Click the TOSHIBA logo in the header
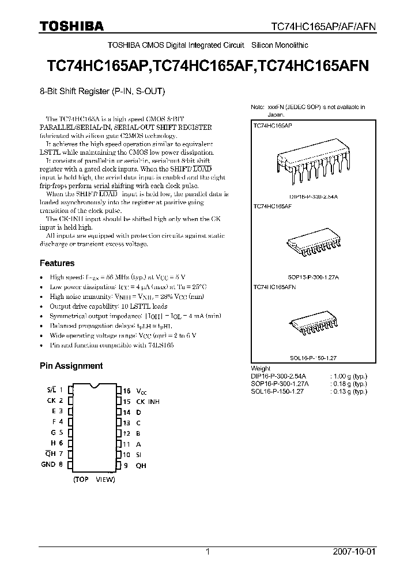click(x=71, y=26)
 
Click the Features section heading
click(x=56, y=263)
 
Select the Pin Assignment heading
click(x=71, y=365)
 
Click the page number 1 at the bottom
click(x=208, y=552)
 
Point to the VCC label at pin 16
click(x=142, y=391)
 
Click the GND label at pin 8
click(x=48, y=464)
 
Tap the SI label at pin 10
click(x=138, y=454)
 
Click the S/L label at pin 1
click(x=51, y=391)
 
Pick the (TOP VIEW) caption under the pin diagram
click(x=94, y=480)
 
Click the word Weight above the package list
click(x=261, y=368)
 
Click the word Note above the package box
click(x=257, y=107)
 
